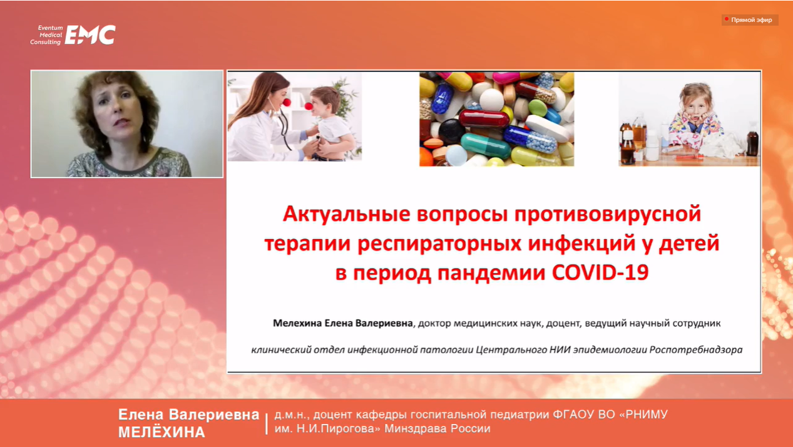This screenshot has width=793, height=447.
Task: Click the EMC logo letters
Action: point(90,34)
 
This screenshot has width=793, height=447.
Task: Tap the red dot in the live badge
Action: point(727,19)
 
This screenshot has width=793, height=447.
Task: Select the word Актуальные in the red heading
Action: point(346,214)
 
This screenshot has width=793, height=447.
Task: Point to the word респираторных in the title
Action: point(439,244)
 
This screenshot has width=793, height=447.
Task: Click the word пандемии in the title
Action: point(491,274)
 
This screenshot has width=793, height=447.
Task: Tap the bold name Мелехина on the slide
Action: point(297,323)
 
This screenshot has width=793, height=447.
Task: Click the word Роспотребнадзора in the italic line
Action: point(696,350)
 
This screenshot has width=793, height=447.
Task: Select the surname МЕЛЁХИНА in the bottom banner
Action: point(161,432)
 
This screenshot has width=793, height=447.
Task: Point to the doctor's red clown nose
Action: point(287,103)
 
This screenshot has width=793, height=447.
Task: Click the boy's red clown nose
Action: point(309,106)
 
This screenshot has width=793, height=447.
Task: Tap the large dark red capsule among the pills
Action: point(484,118)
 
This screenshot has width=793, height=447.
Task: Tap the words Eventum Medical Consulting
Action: point(46,34)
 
